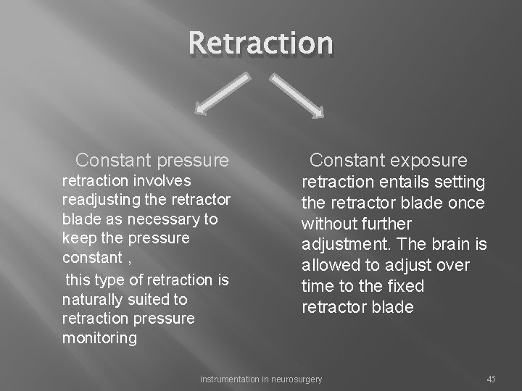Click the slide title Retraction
point(261,43)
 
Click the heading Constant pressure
point(152,159)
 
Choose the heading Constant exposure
point(389,159)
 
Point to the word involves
point(167,180)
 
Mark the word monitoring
point(99,338)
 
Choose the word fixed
point(405,286)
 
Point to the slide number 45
point(491,379)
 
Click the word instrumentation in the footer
point(228,379)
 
